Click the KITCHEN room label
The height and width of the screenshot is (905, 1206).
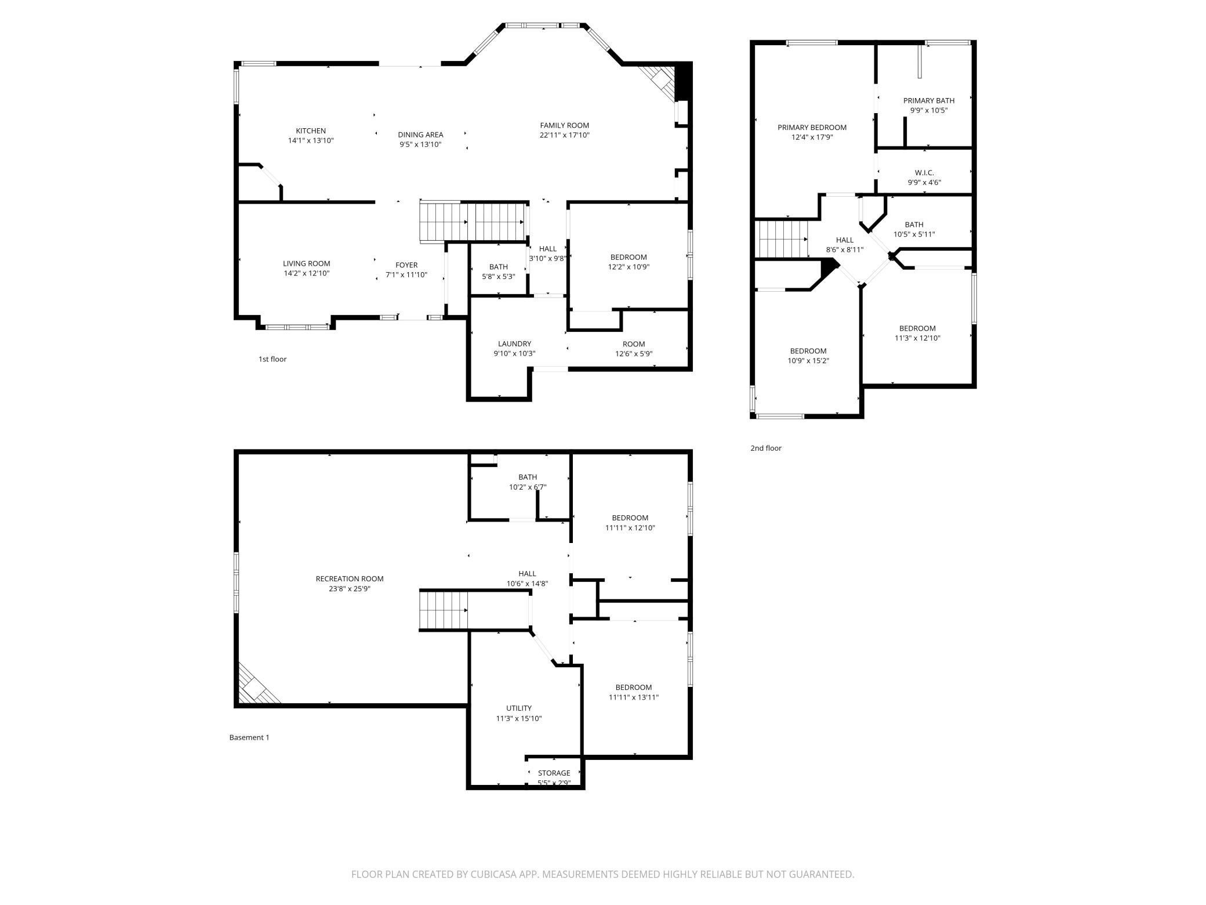click(311, 131)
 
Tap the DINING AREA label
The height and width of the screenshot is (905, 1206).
click(420, 135)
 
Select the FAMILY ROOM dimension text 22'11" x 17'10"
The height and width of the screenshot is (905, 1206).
click(564, 135)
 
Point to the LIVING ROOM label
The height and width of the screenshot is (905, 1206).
click(306, 263)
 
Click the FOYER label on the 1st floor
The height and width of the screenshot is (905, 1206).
click(406, 265)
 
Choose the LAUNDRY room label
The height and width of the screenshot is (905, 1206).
click(514, 343)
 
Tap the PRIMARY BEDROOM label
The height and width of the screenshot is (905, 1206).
click(812, 128)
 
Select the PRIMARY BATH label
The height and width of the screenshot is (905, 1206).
click(929, 100)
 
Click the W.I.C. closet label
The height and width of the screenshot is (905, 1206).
click(924, 173)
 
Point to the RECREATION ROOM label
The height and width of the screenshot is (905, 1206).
click(350, 578)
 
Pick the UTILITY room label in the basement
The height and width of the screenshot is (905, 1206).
click(518, 708)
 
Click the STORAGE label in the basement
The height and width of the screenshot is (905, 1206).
click(554, 773)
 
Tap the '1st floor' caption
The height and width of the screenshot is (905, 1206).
click(273, 359)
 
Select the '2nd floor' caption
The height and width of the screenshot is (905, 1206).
click(766, 448)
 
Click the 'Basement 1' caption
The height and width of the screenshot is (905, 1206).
click(249, 737)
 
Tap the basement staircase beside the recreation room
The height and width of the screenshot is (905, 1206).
click(443, 610)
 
